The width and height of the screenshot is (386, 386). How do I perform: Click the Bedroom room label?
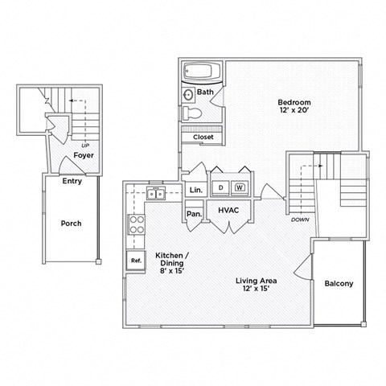[x=294, y=102]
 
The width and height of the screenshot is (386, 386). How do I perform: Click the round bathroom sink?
[x=187, y=95]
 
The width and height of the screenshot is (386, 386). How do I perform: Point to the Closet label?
[x=203, y=138]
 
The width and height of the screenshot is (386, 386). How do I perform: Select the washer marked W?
[x=240, y=187]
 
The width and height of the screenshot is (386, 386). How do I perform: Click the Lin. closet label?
[x=195, y=190]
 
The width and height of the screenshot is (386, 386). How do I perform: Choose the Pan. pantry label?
[x=194, y=214]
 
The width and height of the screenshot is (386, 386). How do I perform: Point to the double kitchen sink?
[x=154, y=193]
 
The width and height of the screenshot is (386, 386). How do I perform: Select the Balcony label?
[x=338, y=284]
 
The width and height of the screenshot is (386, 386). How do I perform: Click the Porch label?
[x=72, y=223]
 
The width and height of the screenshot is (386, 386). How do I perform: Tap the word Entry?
[x=72, y=181]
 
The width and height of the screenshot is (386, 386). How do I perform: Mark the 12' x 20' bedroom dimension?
[x=294, y=113]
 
